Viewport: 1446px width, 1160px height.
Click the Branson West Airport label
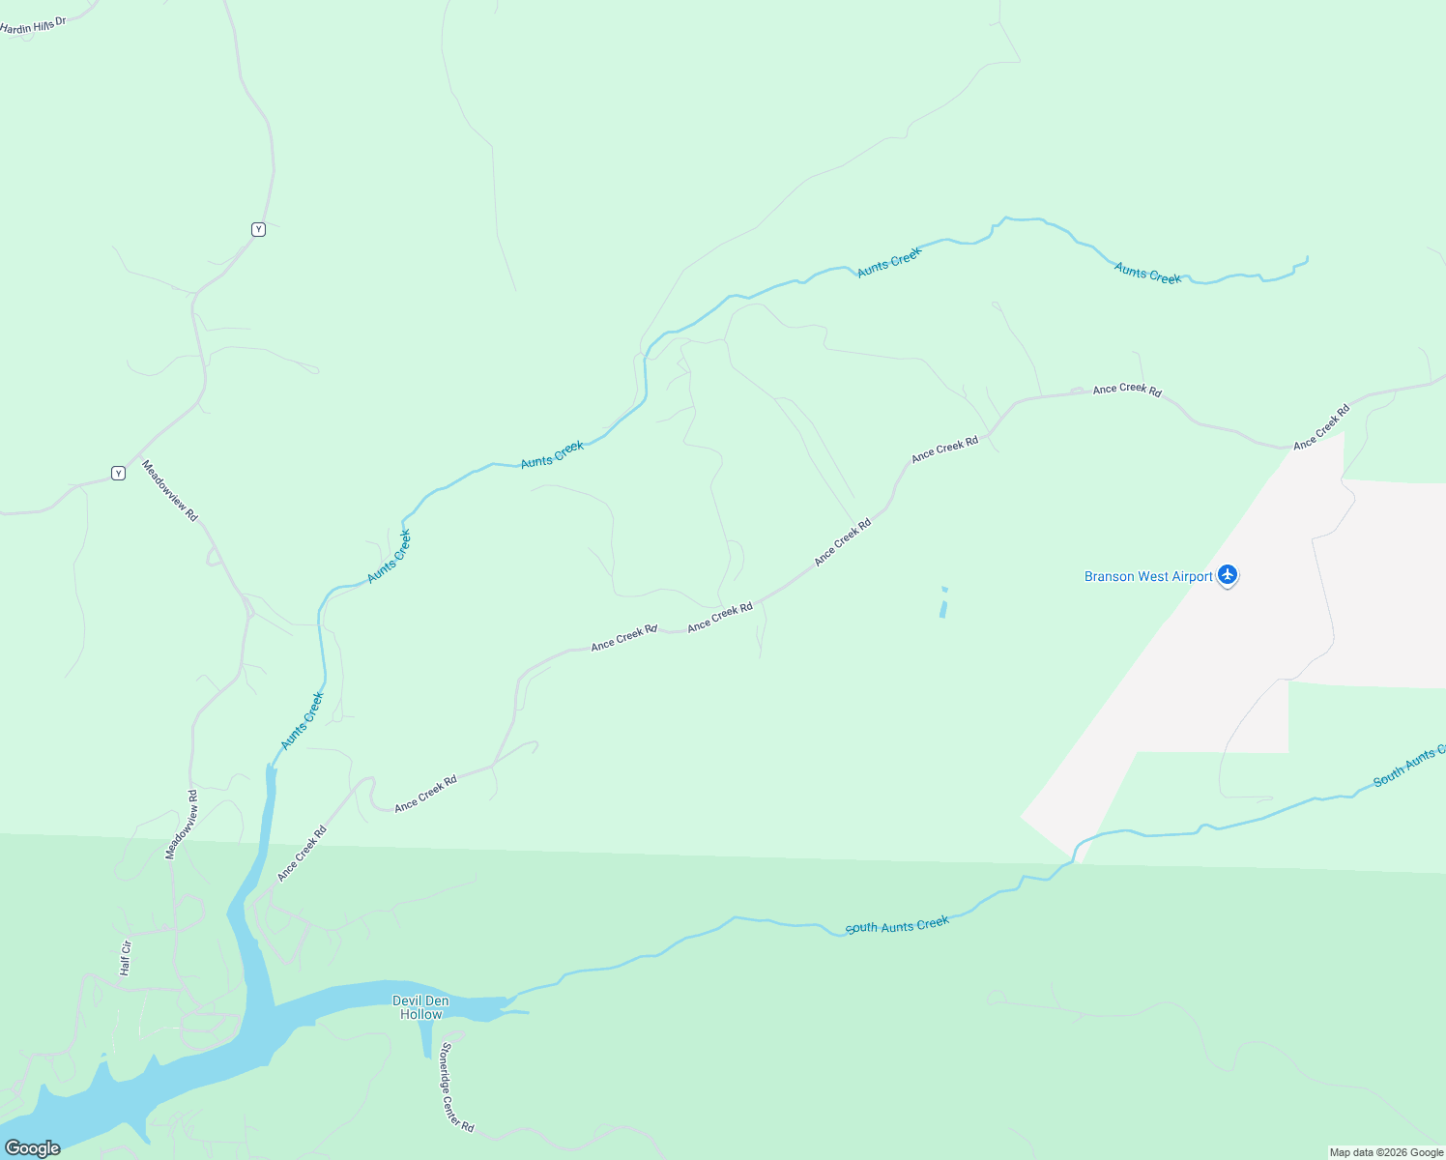tap(1148, 577)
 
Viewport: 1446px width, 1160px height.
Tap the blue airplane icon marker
tap(1228, 576)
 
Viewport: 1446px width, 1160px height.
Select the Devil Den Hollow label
tap(420, 1007)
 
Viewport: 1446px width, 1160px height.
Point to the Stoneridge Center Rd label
tap(456, 1087)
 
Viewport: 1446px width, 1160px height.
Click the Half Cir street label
tap(125, 958)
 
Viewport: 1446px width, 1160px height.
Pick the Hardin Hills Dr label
tap(33, 25)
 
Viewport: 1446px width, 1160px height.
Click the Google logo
tap(33, 1147)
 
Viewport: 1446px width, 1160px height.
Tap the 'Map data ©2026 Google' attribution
tap(1386, 1152)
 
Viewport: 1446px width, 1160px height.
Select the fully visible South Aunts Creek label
tap(897, 926)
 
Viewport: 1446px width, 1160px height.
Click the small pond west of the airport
tap(943, 605)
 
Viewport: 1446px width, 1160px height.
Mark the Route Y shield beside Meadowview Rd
tap(118, 473)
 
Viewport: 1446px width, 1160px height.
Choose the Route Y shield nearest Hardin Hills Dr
tap(258, 229)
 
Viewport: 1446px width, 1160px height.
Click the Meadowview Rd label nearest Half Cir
tap(182, 824)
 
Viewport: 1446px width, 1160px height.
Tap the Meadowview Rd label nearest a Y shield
tap(170, 491)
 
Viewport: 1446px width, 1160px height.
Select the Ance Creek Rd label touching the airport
tap(1320, 427)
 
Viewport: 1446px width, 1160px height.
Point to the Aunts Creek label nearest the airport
tap(1147, 274)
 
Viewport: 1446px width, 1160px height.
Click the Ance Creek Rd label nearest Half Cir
tap(302, 854)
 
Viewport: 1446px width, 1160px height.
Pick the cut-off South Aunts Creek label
tap(1409, 766)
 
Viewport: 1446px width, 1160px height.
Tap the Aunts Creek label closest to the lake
tap(302, 720)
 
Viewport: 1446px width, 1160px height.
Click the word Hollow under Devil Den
tap(420, 1014)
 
